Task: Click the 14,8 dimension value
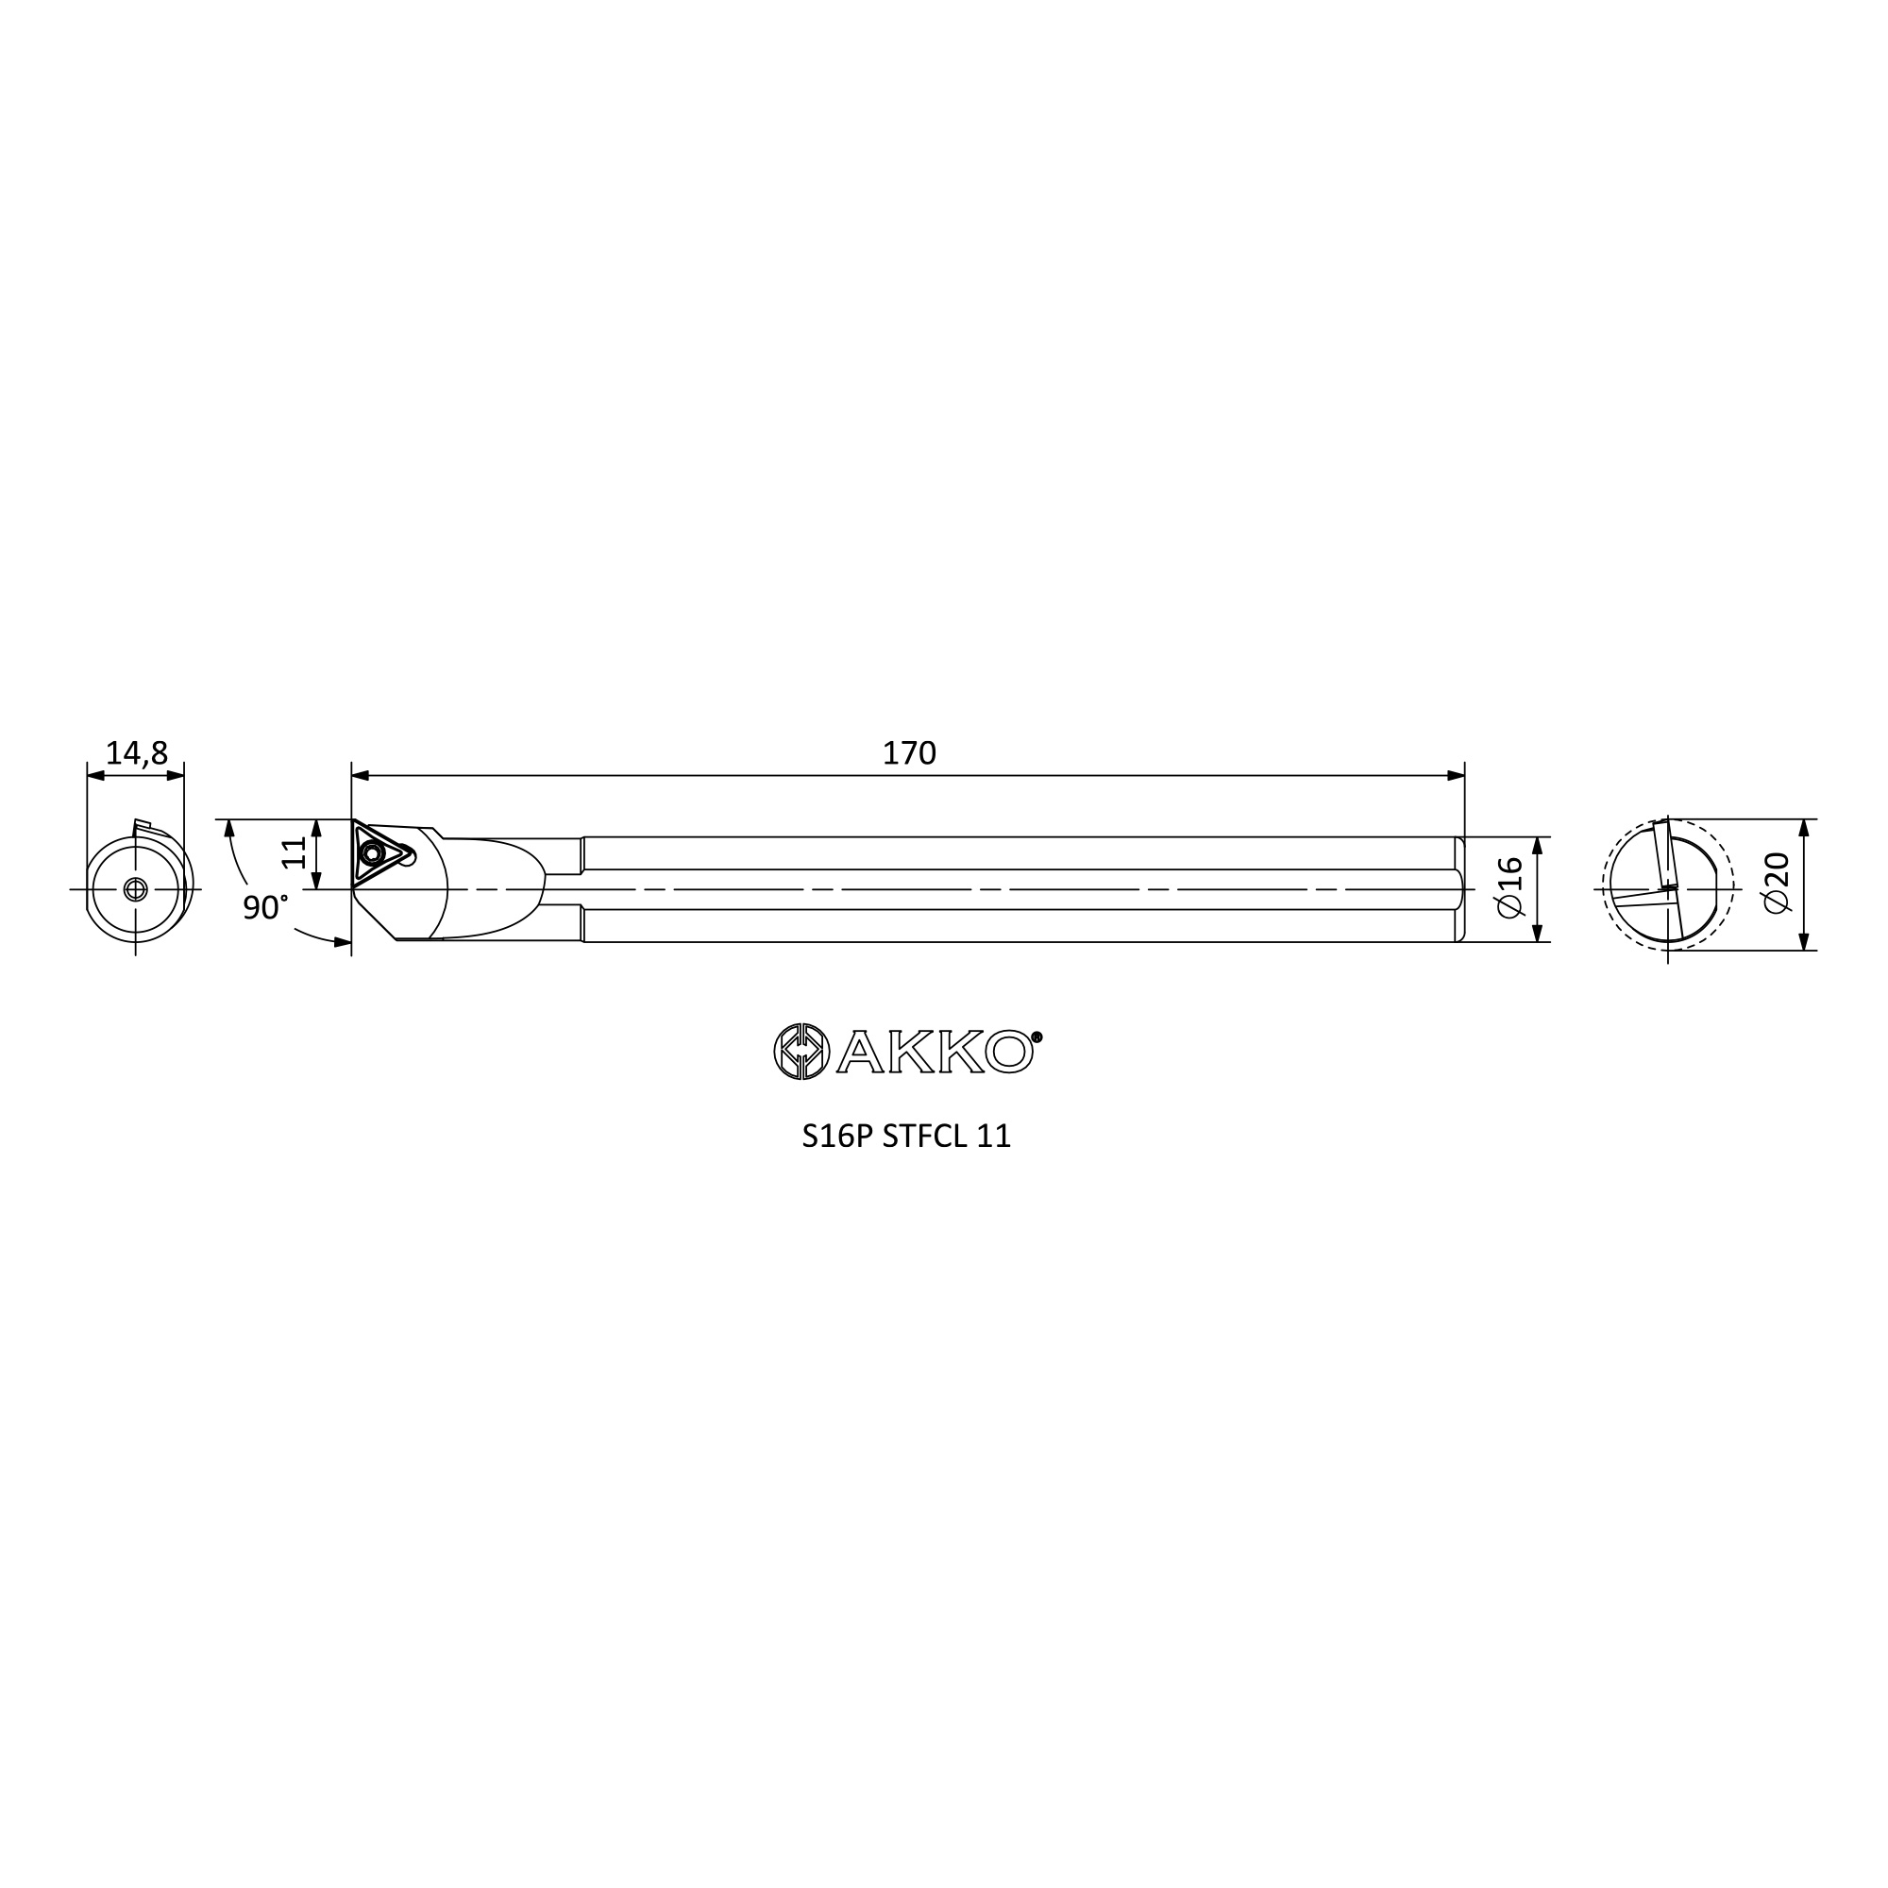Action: (x=137, y=752)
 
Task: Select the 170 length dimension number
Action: (x=909, y=752)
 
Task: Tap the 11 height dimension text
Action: (x=295, y=852)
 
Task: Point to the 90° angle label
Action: (x=265, y=908)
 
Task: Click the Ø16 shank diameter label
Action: (x=1509, y=887)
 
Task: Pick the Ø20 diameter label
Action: (x=1778, y=883)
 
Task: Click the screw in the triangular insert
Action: (x=371, y=854)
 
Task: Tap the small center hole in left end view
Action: (x=136, y=889)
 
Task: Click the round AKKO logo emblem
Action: (x=801, y=1052)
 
